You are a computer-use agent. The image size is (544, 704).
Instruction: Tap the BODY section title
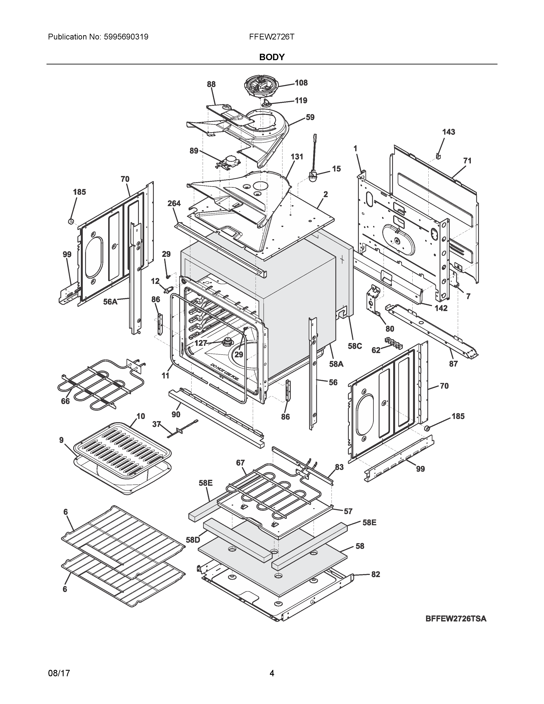coord(272,57)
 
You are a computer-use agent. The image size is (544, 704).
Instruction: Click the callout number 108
coord(301,83)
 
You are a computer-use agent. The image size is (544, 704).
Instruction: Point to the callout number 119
coord(301,100)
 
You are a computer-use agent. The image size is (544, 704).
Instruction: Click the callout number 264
coord(174,203)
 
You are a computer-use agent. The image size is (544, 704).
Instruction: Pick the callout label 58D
coord(193,540)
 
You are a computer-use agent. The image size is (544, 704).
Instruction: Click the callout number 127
coord(201,343)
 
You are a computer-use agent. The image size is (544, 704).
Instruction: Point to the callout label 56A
coord(110,302)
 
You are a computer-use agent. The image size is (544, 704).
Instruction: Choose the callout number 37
coord(156,425)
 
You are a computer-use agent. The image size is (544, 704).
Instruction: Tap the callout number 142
coord(441,308)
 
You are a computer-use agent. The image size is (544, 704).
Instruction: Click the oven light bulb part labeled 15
coord(313,177)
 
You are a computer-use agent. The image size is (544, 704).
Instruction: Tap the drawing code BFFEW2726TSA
coord(456,619)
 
